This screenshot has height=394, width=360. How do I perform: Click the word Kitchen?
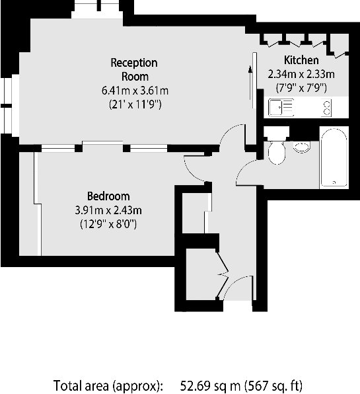(x=301, y=60)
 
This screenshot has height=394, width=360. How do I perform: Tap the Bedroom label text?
(x=108, y=196)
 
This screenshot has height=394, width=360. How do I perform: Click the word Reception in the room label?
(x=133, y=63)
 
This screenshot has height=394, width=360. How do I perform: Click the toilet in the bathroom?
(x=275, y=151)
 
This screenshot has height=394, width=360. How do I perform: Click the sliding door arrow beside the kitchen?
(x=250, y=79)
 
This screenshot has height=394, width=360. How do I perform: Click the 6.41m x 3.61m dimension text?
(x=134, y=91)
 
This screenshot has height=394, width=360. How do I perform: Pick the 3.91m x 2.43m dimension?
(x=108, y=210)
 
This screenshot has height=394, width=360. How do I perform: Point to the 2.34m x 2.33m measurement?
(x=301, y=73)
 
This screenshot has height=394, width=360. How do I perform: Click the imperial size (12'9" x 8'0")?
(x=108, y=224)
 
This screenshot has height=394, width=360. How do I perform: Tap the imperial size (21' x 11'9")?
(x=134, y=104)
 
